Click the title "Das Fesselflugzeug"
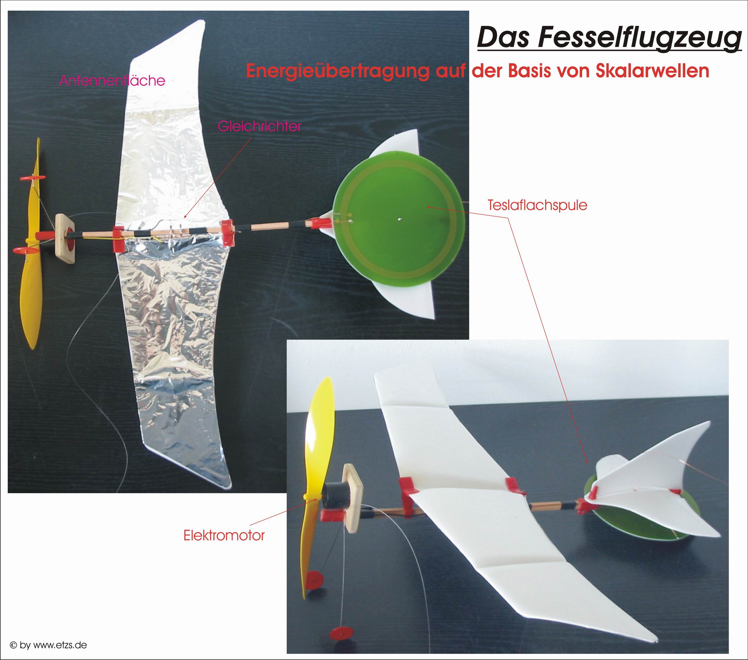click(x=610, y=38)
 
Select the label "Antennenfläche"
click(x=112, y=81)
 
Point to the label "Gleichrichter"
click(x=259, y=126)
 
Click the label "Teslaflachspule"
click(x=537, y=205)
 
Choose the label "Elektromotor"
click(x=224, y=536)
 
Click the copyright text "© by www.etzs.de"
click(x=48, y=645)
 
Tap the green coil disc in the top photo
click(x=399, y=220)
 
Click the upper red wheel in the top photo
click(x=33, y=178)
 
